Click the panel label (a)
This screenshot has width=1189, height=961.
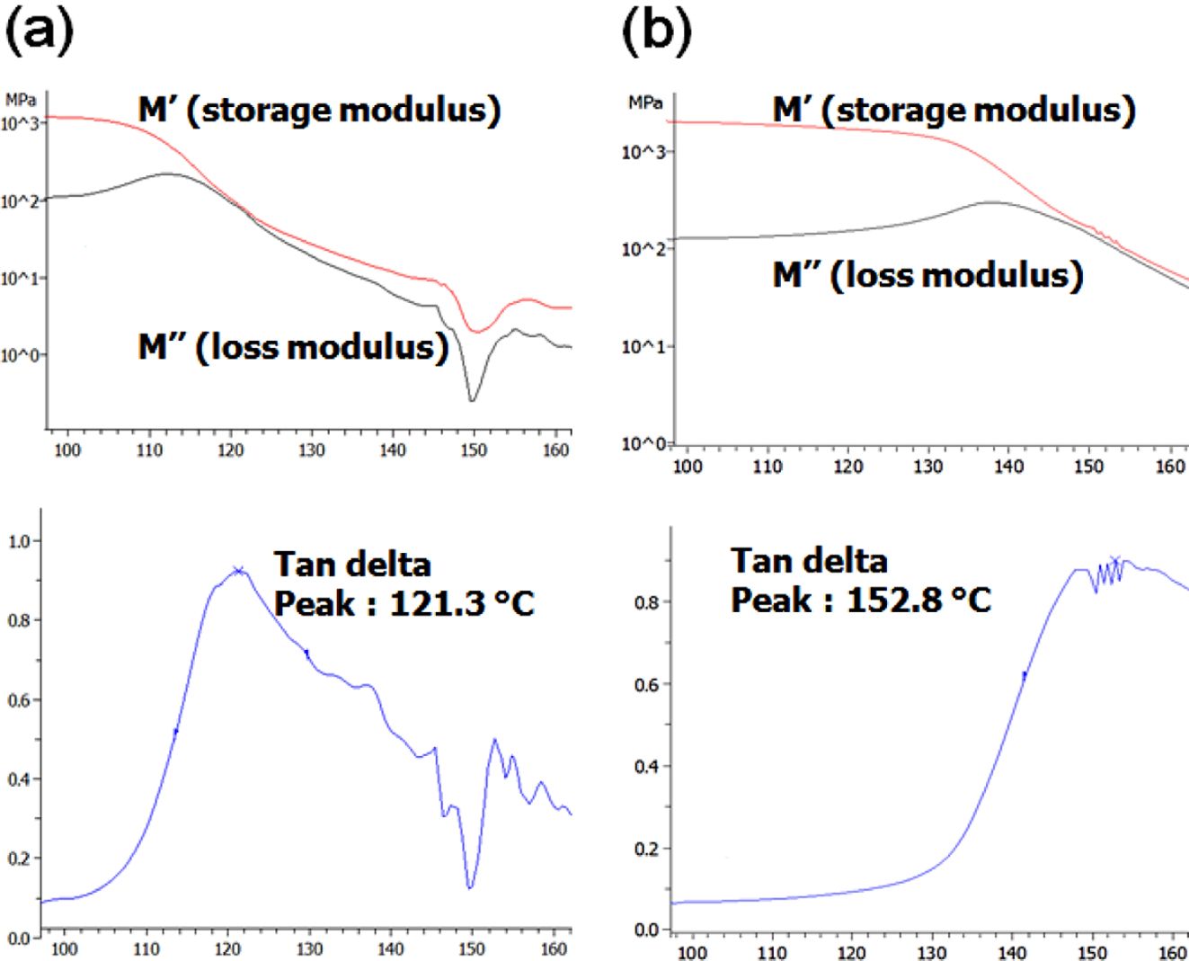point(39,31)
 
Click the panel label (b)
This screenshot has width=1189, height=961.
point(657,31)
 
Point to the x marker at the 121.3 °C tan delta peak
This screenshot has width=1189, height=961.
point(238,570)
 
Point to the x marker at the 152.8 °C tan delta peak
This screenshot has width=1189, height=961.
point(1115,561)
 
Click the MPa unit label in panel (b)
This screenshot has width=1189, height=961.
point(644,102)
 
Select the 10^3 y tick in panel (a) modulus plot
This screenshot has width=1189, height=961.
point(20,124)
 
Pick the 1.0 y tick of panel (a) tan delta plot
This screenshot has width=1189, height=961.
point(19,541)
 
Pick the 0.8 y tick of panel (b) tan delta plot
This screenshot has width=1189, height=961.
point(647,602)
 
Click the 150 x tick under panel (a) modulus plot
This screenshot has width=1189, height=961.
point(474,449)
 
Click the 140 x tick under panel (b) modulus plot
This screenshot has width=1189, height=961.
point(1007,466)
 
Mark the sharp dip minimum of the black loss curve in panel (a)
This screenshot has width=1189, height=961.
point(472,400)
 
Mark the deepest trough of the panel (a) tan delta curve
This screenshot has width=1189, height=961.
point(470,888)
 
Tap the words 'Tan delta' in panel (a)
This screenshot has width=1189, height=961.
point(352,565)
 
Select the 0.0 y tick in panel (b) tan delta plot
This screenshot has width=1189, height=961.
point(647,930)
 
